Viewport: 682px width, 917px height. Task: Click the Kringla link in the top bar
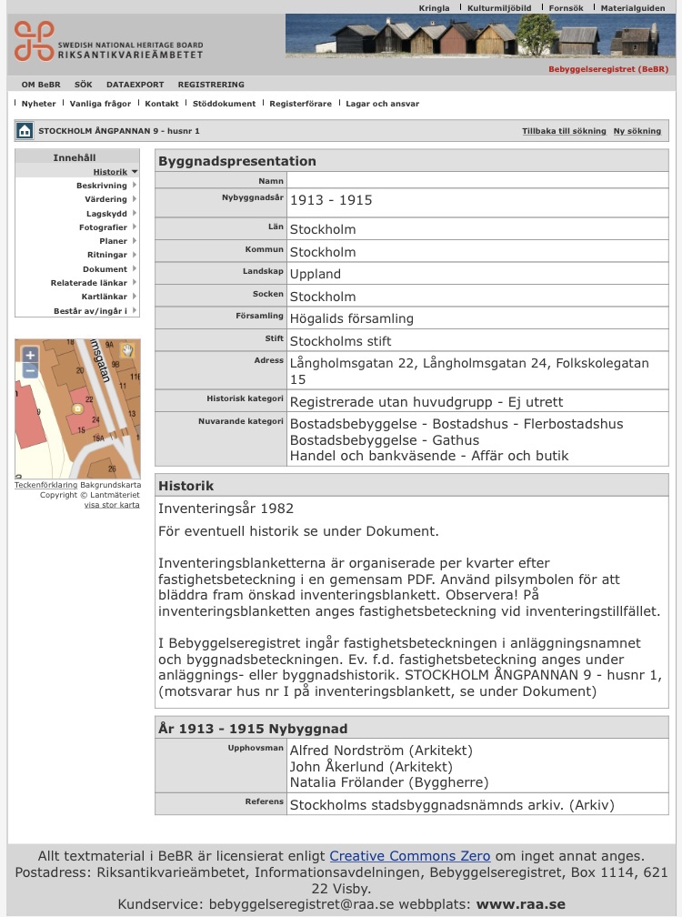click(434, 8)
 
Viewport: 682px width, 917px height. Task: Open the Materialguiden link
click(633, 8)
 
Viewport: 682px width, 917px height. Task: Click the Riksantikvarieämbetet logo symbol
click(34, 41)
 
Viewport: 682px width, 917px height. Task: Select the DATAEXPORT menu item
click(135, 85)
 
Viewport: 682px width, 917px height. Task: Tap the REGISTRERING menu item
click(211, 85)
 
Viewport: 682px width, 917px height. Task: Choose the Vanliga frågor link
click(100, 104)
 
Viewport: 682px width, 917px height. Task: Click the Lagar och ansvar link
click(382, 104)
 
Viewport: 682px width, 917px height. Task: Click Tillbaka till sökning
click(564, 131)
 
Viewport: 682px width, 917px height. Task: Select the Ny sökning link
click(637, 131)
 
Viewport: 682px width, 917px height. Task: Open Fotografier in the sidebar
click(103, 227)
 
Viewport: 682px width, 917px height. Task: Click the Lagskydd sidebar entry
click(106, 214)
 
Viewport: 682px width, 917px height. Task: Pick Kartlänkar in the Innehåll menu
click(104, 297)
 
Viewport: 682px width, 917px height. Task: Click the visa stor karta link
click(112, 505)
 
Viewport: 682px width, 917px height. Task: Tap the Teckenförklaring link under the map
click(45, 485)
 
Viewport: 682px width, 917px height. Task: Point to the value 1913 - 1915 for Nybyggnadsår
click(331, 200)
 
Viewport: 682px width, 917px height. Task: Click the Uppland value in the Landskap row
click(316, 274)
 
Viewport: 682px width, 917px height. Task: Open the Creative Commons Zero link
click(409, 856)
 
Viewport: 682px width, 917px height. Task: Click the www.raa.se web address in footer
click(521, 904)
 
